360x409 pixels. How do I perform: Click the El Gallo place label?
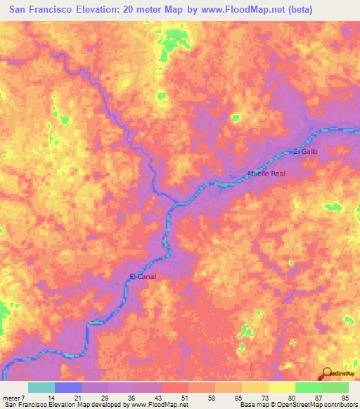pyautogui.click(x=306, y=152)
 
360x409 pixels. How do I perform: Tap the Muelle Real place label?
pyautogui.click(x=266, y=173)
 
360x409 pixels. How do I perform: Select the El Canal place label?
pyautogui.click(x=143, y=276)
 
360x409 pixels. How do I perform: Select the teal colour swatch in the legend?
pyautogui.click(x=41, y=387)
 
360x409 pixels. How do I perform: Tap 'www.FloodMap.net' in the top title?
pyautogui.click(x=239, y=9)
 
